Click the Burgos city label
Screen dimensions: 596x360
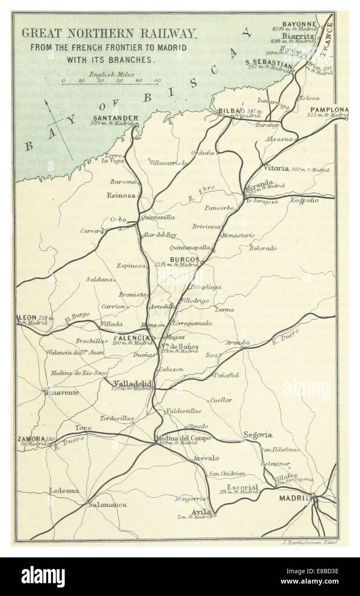185,259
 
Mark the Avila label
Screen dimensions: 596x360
201,512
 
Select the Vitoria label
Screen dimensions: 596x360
277,169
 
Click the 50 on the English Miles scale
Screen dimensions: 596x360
157,80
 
